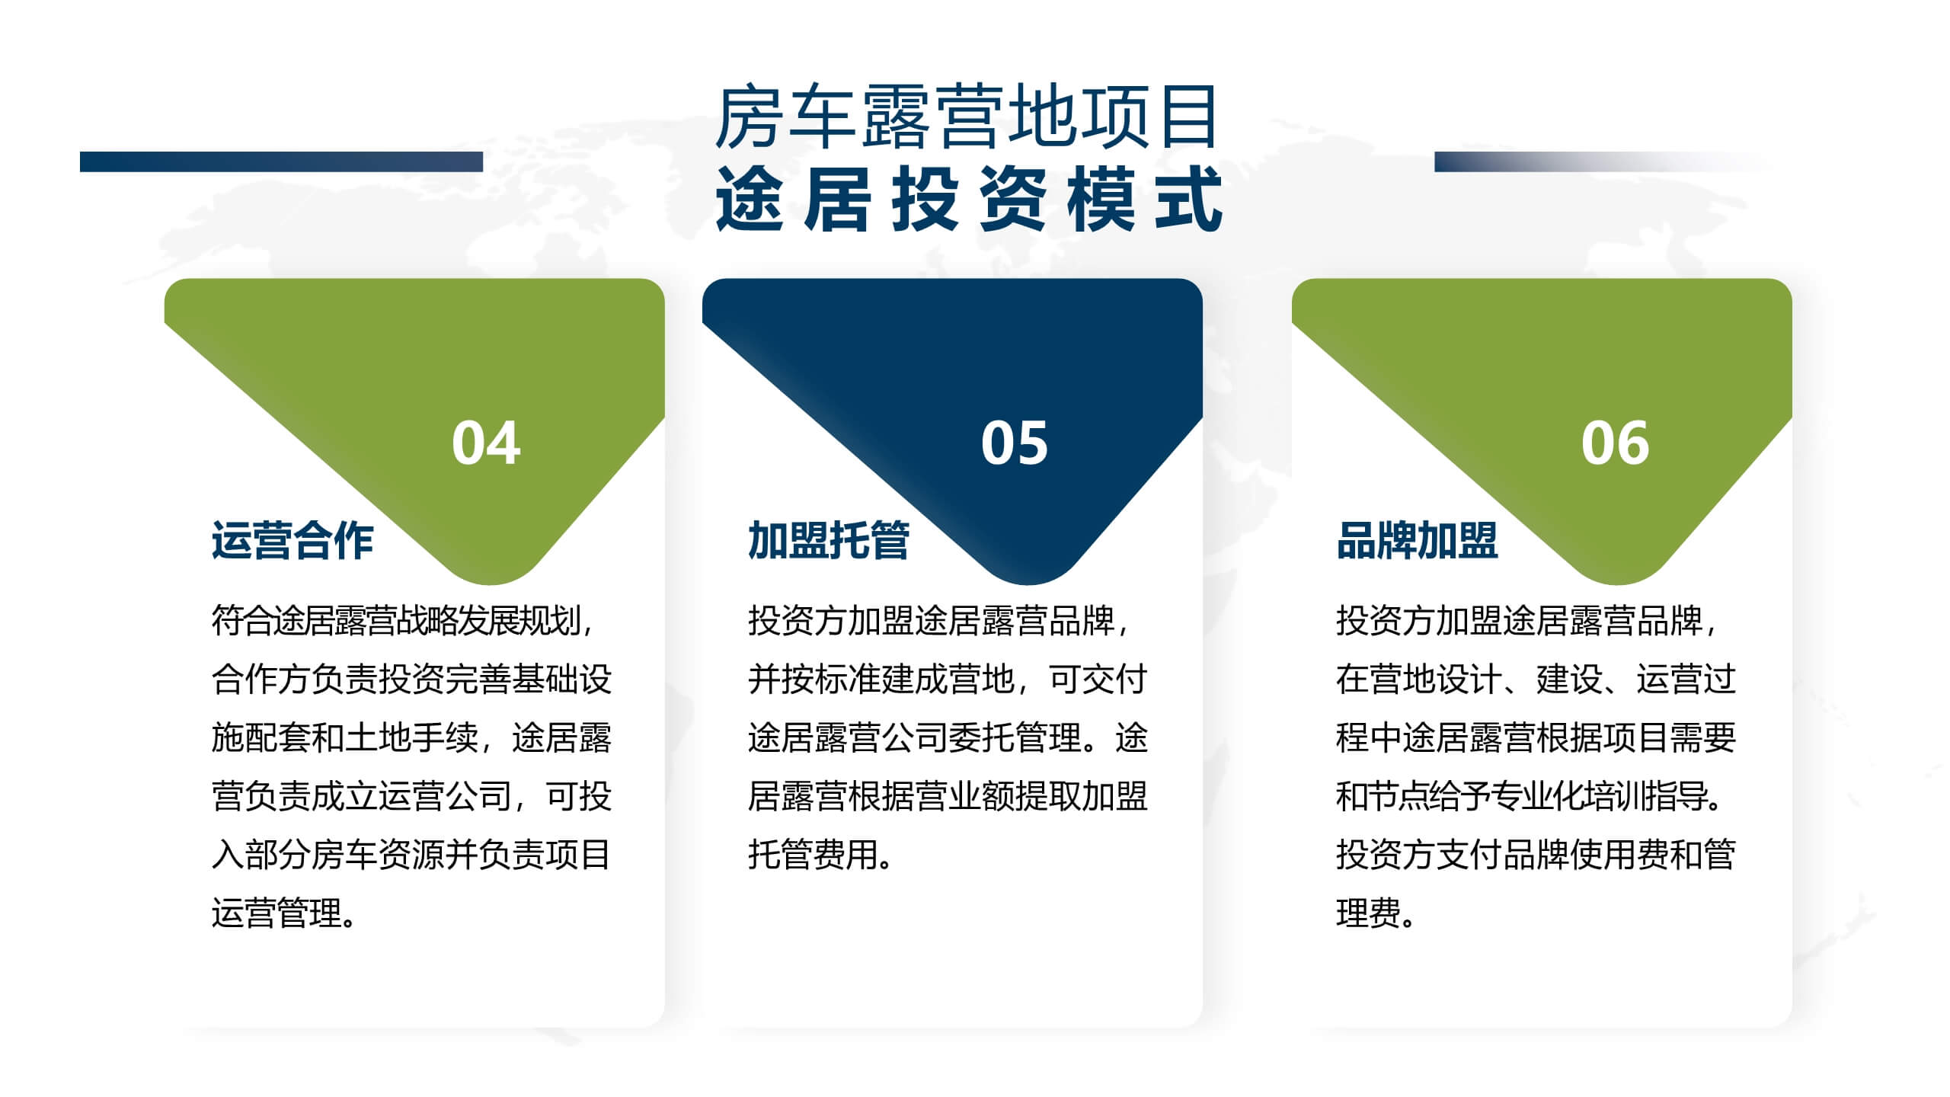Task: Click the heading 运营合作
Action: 292,541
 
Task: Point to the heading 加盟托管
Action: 829,541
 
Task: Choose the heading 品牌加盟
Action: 1418,541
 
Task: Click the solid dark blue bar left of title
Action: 281,162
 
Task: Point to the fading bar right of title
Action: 1603,162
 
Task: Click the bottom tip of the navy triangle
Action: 1028,584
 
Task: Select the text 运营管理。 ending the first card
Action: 284,913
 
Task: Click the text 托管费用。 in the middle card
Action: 820,854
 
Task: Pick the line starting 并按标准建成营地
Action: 948,679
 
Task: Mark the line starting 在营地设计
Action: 1536,679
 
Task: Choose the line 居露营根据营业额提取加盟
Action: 948,796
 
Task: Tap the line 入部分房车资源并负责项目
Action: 411,854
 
